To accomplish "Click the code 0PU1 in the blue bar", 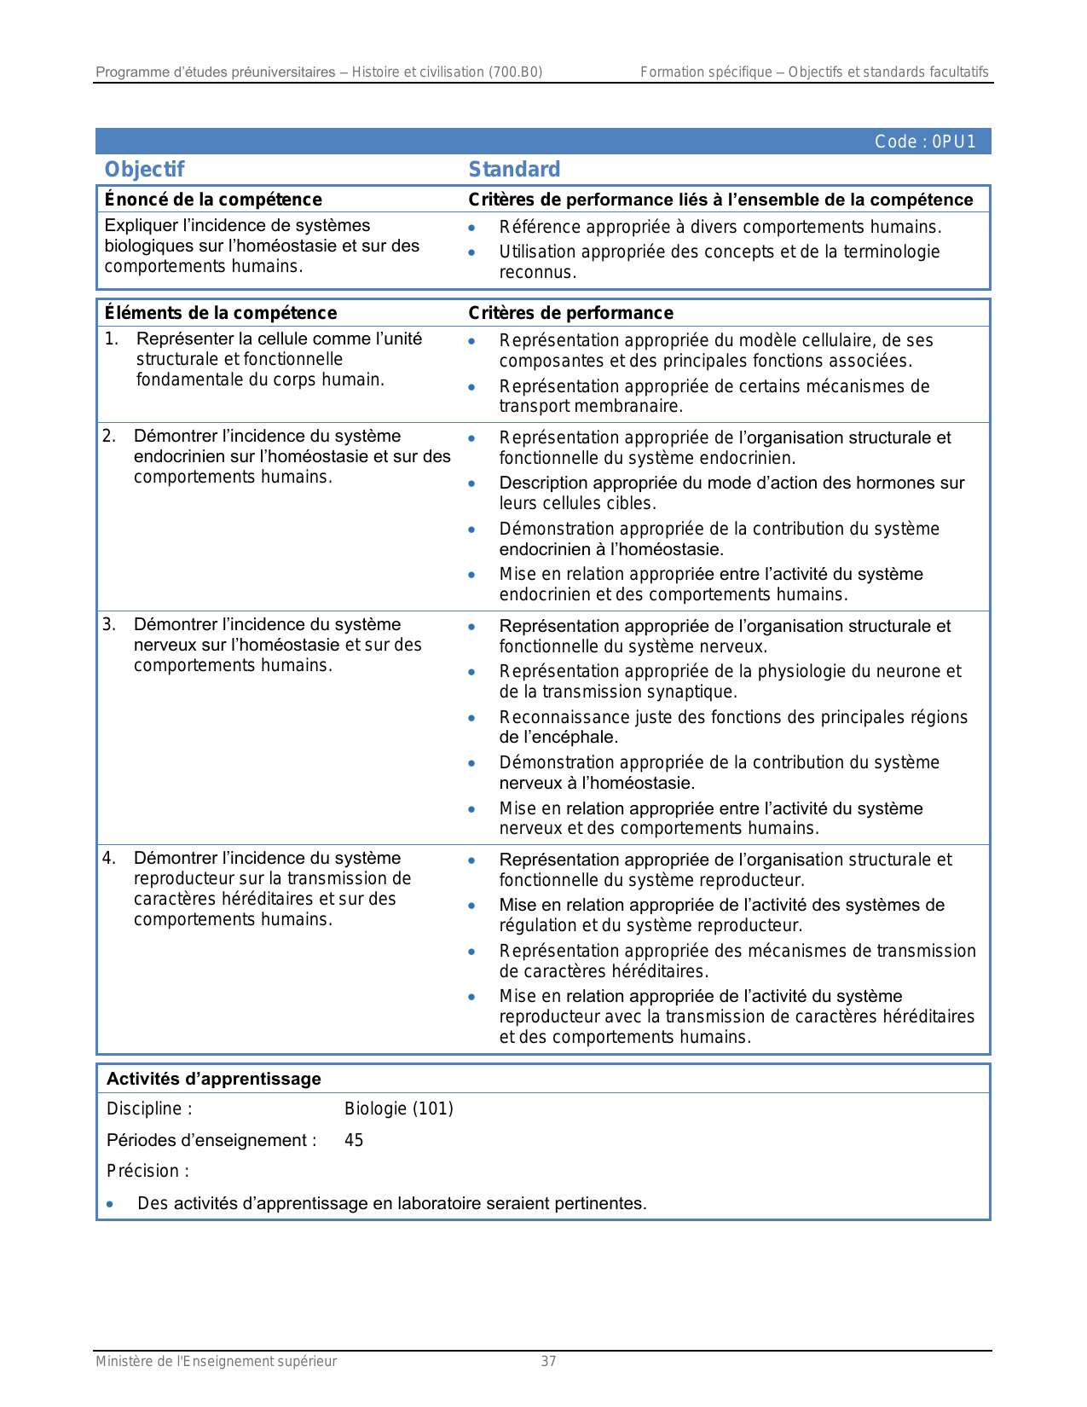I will click(924, 142).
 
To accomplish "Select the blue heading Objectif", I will click(144, 169).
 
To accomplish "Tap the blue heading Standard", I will click(514, 169).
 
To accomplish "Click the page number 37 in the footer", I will click(548, 1361).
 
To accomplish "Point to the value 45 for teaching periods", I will click(354, 1140).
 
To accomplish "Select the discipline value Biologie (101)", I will click(398, 1109).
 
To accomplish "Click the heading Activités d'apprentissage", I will click(213, 1079).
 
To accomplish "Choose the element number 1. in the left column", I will click(111, 339).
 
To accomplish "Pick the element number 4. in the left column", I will click(109, 858).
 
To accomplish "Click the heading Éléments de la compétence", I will click(220, 313).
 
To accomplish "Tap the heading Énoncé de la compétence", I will click(213, 200).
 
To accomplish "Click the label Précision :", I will click(147, 1171).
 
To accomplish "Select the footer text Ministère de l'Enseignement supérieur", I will click(216, 1361).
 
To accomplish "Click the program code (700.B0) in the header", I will click(515, 72).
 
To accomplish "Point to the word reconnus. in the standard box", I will click(537, 273).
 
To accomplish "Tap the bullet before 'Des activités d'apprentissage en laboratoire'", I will click(110, 1204).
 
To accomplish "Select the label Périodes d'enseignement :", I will click(211, 1140).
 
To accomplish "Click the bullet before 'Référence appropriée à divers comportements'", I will click(471, 228).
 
